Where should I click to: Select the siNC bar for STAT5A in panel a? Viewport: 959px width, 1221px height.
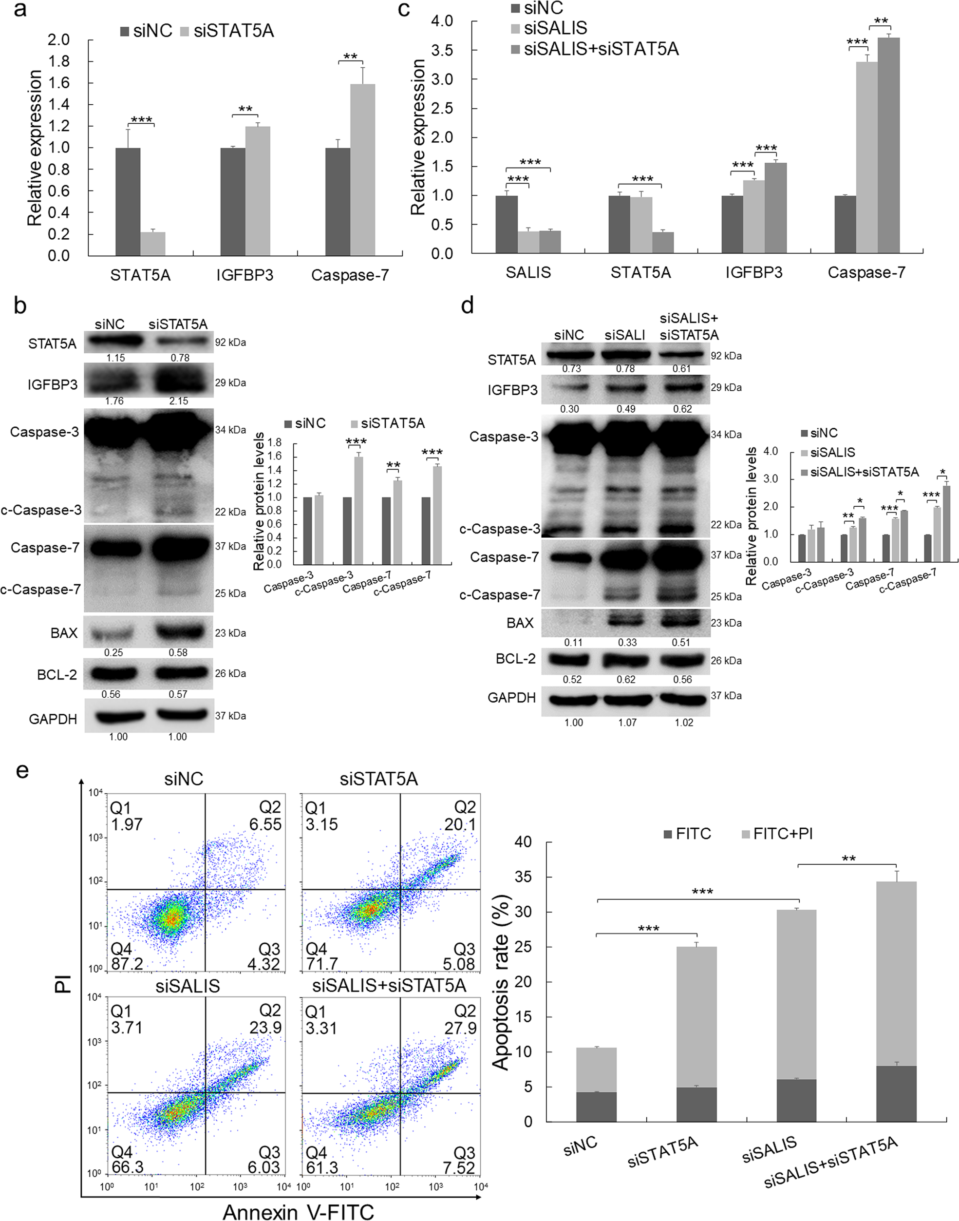[128, 202]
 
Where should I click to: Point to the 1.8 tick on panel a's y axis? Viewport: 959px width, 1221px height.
[59, 62]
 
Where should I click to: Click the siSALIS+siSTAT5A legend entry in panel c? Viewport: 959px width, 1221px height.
[601, 49]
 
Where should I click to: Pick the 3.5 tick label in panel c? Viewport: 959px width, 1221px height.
[442, 51]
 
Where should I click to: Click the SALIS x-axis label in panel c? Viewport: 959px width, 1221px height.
[528, 273]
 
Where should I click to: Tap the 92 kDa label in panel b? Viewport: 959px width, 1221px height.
[230, 343]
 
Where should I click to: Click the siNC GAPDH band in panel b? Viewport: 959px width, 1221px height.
[117, 717]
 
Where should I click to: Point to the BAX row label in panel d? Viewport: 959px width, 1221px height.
[520, 623]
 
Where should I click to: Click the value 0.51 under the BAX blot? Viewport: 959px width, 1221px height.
[681, 643]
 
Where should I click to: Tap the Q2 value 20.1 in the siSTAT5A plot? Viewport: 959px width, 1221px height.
[460, 824]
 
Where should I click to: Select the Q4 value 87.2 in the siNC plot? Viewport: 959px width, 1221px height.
[127, 964]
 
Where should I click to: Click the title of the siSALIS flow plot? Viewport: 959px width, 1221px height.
[188, 986]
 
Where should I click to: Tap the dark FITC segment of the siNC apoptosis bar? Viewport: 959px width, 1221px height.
[596, 1107]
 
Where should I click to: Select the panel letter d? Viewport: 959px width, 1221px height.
[467, 306]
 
